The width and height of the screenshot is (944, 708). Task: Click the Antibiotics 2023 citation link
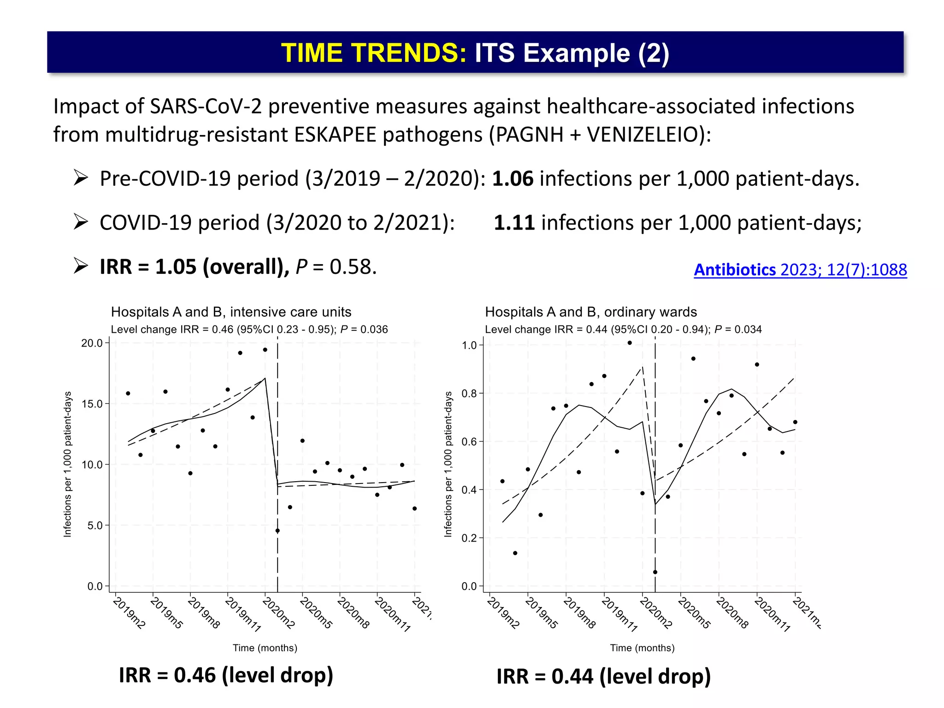[x=800, y=270]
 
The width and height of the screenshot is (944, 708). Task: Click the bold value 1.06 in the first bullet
[x=513, y=179]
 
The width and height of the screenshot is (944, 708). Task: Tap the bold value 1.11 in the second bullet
[x=514, y=223]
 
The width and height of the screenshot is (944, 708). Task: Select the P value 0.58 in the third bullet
[x=353, y=267]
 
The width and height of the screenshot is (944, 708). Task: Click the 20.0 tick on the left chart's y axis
[x=92, y=343]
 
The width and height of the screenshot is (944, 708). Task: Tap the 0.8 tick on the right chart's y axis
[x=469, y=394]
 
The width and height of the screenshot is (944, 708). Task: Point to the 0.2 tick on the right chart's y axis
[x=469, y=538]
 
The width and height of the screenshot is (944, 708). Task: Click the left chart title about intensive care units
[x=231, y=312]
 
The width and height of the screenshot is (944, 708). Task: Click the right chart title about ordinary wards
[x=590, y=312]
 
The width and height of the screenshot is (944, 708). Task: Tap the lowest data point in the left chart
[x=277, y=531]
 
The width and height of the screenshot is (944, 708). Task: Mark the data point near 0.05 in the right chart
[x=655, y=572]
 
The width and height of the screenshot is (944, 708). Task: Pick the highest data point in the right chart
[x=630, y=343]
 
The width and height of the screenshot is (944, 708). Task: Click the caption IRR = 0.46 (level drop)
[x=226, y=675]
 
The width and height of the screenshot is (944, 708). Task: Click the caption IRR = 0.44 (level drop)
[x=603, y=677]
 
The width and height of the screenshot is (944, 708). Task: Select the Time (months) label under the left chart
[x=265, y=648]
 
